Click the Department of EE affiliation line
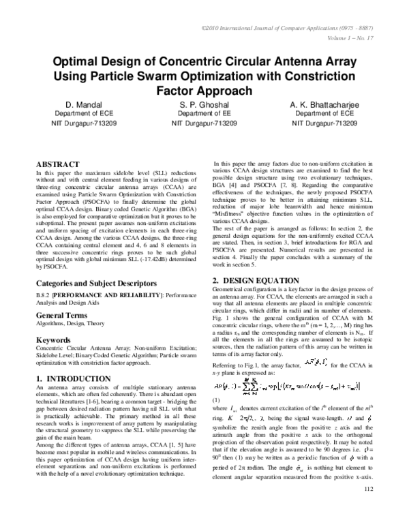tap(204, 115)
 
